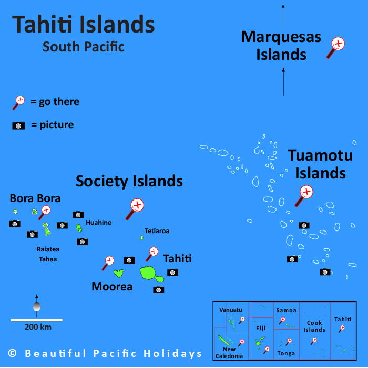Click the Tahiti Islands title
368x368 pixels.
click(84, 25)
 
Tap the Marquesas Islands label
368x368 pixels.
click(281, 45)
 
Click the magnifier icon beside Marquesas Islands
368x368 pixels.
click(336, 46)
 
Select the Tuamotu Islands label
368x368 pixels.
click(316, 164)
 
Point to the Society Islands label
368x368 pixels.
click(129, 182)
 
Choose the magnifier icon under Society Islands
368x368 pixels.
click(136, 207)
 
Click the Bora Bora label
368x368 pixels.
click(35, 198)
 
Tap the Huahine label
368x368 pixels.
click(99, 222)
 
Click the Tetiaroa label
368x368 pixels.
click(157, 230)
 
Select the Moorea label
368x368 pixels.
click(112, 287)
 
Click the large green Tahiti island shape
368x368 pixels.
click(149, 273)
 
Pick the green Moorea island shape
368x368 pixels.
click(119, 273)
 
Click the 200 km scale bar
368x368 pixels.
click(37, 320)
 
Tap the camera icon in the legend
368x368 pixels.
click(18, 125)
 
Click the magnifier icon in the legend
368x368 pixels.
click(19, 101)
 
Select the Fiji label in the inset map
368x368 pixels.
click(261, 328)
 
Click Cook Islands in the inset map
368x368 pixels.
click(314, 327)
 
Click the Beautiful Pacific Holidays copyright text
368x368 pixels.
click(105, 353)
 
